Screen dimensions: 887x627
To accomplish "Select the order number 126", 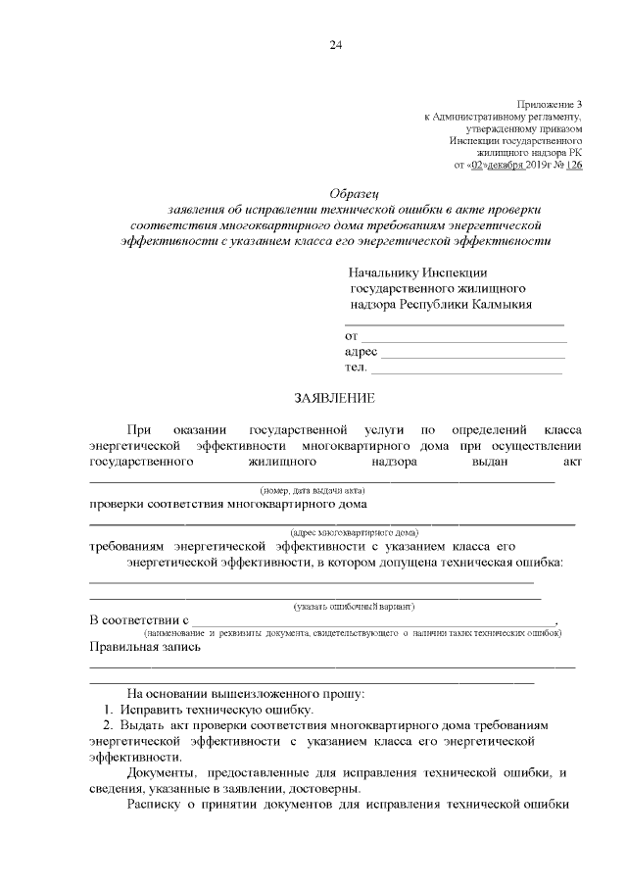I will coord(574,166).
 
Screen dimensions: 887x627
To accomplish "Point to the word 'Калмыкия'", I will coord(498,304).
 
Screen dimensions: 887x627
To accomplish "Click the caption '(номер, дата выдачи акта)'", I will coord(312,489).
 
